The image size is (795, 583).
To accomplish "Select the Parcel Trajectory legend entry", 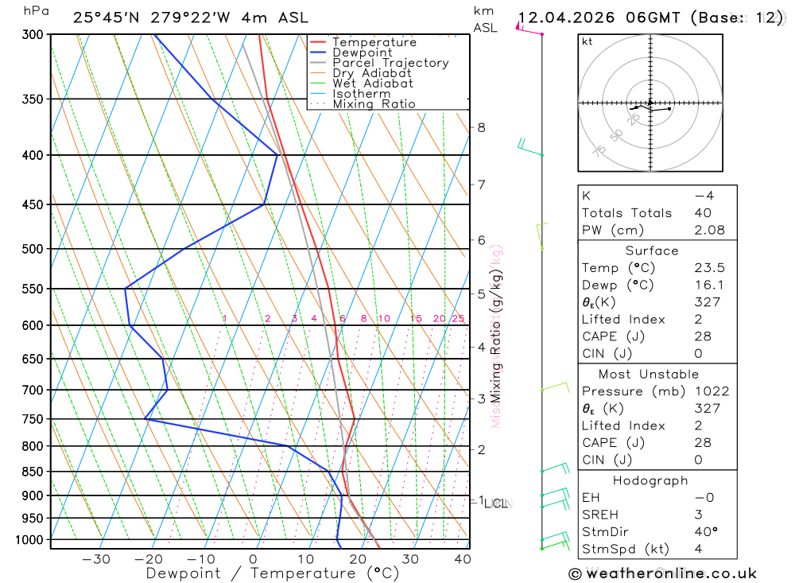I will [x=390, y=63].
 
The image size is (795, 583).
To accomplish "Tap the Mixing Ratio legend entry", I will [x=374, y=104].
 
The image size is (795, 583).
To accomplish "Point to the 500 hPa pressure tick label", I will [x=32, y=249].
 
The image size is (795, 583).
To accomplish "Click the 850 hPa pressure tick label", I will [x=32, y=472].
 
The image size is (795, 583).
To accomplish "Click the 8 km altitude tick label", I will [x=481, y=127].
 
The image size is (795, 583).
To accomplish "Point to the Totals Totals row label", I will [x=626, y=213].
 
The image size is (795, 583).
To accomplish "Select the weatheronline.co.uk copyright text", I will [x=662, y=573].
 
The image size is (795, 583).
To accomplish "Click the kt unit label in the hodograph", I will [x=588, y=41].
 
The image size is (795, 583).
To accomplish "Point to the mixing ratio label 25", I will [x=458, y=319].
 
